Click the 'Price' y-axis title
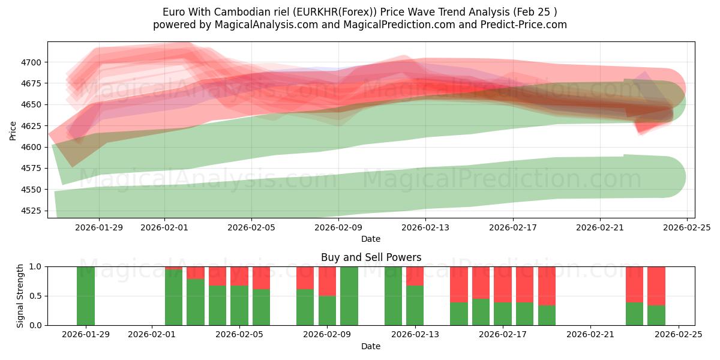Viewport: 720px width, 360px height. [13, 130]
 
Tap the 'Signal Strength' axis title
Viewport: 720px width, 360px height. [20, 296]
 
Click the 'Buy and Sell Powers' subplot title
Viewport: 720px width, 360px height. [371, 257]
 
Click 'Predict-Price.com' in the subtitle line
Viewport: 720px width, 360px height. [525, 25]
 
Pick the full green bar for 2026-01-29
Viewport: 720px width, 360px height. [86, 296]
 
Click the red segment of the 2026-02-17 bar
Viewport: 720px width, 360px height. [503, 284]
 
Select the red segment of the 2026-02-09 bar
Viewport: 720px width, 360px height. [327, 281]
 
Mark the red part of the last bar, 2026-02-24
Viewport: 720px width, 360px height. [656, 286]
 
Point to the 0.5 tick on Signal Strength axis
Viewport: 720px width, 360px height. [35, 296]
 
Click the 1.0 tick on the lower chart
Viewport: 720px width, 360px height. [35, 266]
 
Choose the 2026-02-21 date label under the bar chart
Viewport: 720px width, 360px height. [590, 334]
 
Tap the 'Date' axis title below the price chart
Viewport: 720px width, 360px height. [371, 239]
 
